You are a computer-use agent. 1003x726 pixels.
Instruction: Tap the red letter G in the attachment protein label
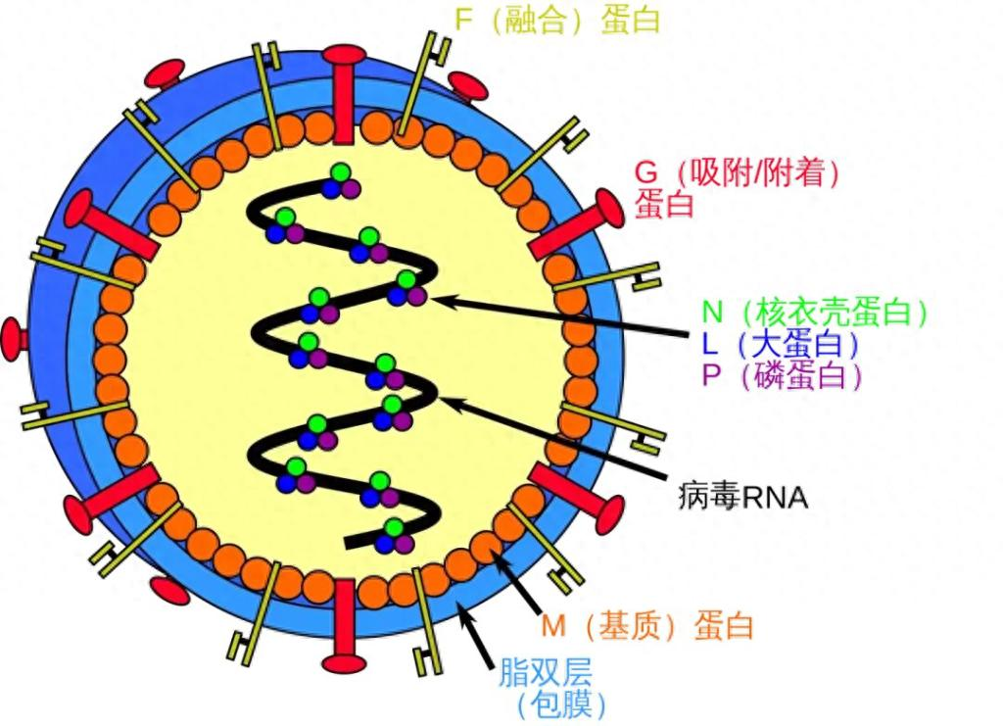point(646,172)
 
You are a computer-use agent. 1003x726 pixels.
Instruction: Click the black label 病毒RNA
point(742,497)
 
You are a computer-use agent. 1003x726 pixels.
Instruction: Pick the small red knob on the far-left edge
point(16,338)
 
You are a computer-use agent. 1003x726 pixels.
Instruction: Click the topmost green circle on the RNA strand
point(340,173)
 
